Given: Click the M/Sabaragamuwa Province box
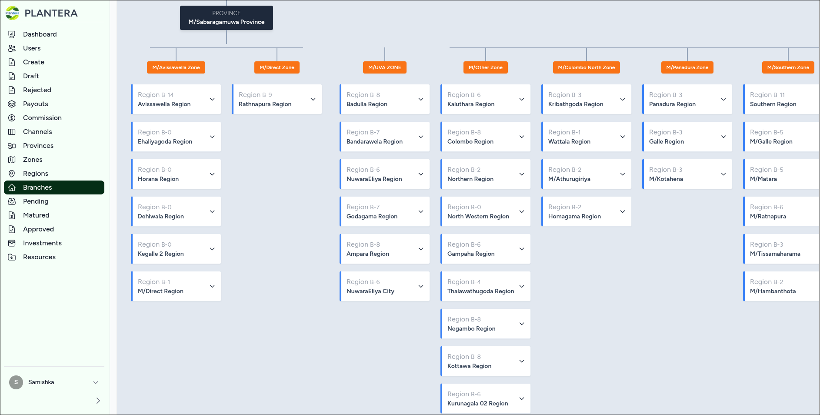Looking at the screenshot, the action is (227, 18).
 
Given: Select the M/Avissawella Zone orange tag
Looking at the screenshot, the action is (176, 67).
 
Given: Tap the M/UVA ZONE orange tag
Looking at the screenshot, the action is (385, 67).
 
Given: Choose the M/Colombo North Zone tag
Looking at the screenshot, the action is (587, 67).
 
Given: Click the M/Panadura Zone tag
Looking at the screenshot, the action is (687, 67).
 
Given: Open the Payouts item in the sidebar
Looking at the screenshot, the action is (36, 104).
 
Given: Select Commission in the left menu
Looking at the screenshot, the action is (42, 118).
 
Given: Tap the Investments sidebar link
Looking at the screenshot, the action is (42, 243).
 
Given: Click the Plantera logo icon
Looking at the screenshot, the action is (12, 13).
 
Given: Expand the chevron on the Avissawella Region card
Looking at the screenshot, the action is (212, 99).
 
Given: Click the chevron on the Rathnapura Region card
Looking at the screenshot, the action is (313, 99).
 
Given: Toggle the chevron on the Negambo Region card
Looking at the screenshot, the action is (522, 324).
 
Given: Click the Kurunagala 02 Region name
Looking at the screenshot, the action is (477, 403).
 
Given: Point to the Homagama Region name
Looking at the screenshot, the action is (574, 216).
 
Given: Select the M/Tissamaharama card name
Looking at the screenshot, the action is (775, 254).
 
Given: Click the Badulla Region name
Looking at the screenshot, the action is (367, 104).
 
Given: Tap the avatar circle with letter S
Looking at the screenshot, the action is (16, 382).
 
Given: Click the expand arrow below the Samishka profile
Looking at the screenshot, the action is (98, 401).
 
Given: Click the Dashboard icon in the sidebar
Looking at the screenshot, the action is (12, 34).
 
